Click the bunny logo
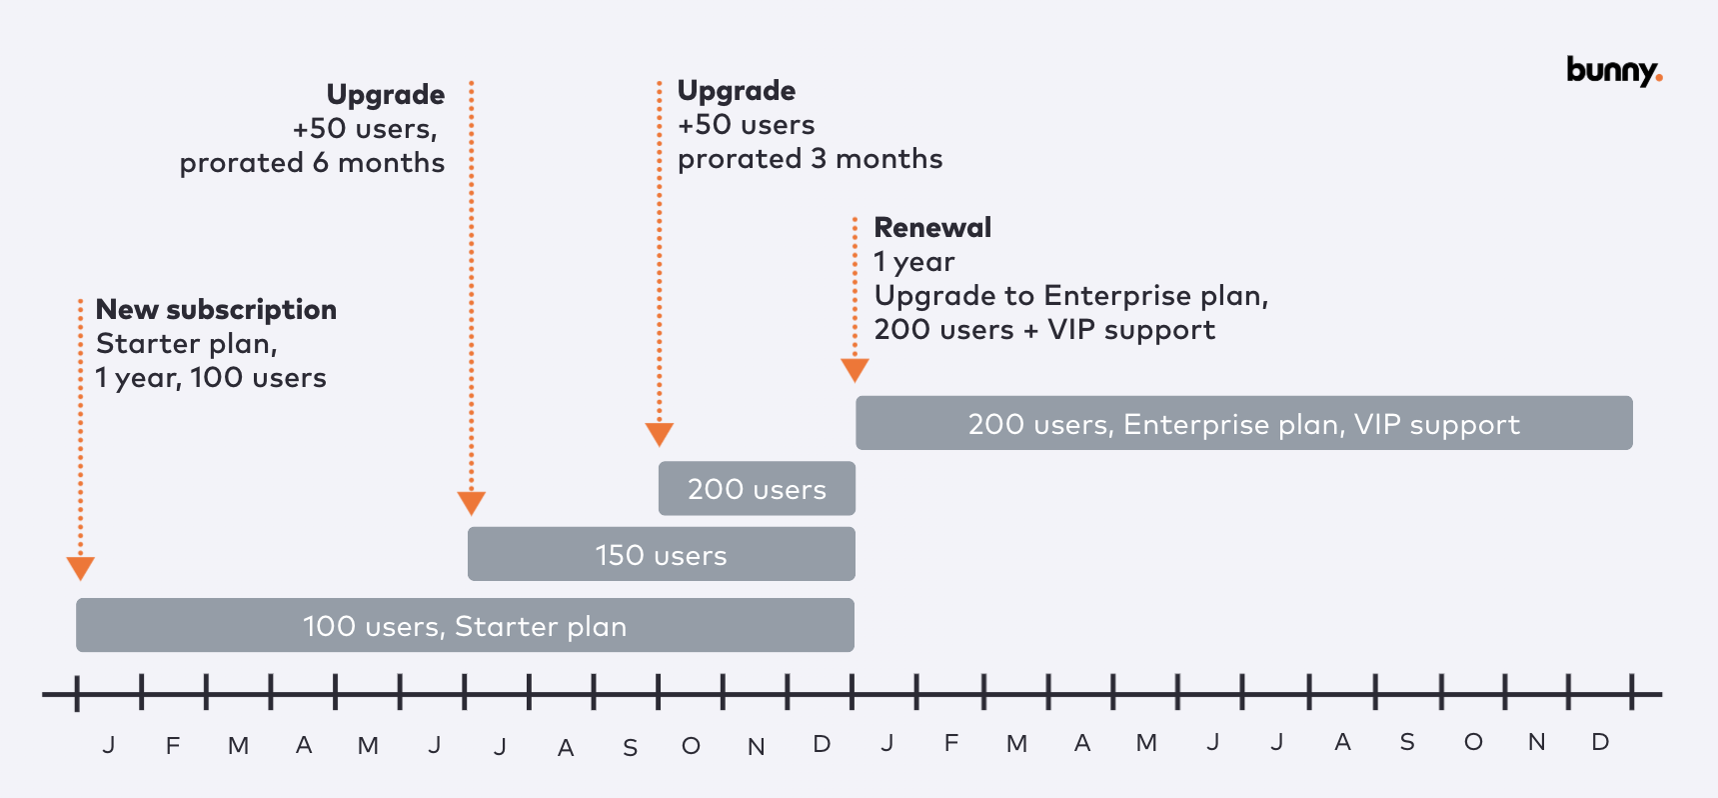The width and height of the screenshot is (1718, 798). coord(1613,71)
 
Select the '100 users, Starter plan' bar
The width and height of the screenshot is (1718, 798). coord(465,626)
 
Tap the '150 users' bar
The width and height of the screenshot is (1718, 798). coord(661,555)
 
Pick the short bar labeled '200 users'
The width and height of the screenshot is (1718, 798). coord(757,489)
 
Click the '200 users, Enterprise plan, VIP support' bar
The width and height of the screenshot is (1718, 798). coord(1243,424)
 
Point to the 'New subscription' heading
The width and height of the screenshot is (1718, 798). coord(216,310)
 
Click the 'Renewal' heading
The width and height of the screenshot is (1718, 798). coord(932,228)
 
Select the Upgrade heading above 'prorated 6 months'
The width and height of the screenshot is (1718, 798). coord(386,95)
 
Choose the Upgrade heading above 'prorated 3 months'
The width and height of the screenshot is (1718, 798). coord(737,91)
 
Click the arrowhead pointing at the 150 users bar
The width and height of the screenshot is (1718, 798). coord(472,502)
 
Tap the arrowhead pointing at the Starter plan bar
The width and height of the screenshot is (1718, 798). coord(80,568)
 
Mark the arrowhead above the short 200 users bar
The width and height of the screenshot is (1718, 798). coord(659,433)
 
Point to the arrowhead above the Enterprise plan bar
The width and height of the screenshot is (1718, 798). coord(855,370)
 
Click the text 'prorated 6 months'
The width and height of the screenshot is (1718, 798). coord(312,163)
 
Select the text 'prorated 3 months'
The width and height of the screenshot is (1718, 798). coord(810,159)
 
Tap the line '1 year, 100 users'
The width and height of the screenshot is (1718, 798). coord(211,378)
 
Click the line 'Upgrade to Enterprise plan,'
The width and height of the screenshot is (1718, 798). coord(1070,296)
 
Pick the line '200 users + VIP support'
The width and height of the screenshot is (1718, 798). coord(1044,330)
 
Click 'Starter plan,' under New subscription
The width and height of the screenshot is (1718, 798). coord(187,344)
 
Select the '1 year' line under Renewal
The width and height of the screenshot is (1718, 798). coord(914,262)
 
